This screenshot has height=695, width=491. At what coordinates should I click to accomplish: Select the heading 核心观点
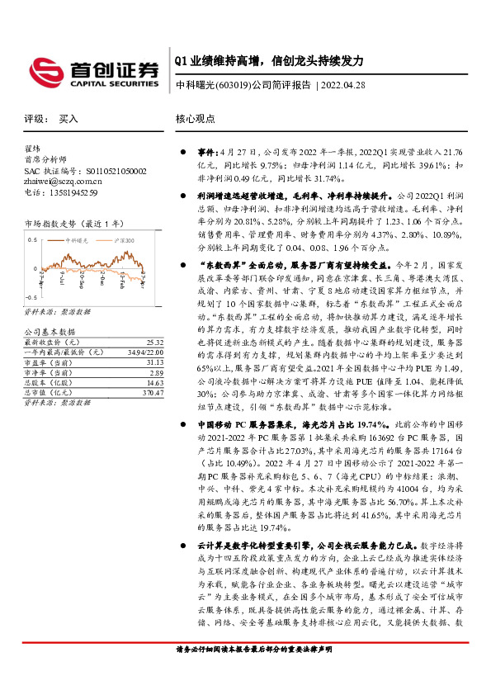tap(195, 119)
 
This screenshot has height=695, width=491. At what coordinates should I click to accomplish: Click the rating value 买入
tap(68, 119)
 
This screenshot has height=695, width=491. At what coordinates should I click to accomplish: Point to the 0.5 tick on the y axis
tap(32, 239)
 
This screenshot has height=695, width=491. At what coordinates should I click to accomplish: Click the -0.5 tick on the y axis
tap(31, 295)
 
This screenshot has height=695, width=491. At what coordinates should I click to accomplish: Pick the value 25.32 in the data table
tap(153, 341)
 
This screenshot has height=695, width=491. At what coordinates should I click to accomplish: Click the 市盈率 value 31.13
tap(153, 362)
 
